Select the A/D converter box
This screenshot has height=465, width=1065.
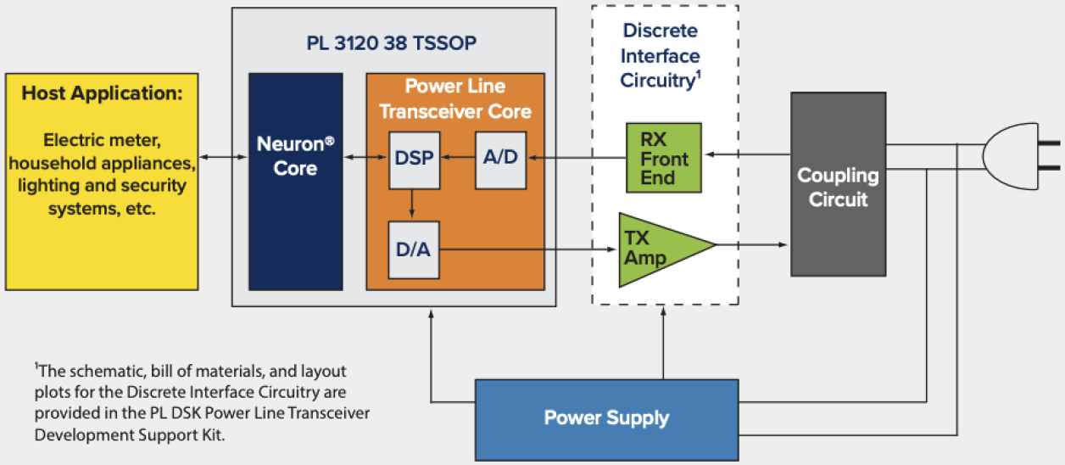(x=500, y=160)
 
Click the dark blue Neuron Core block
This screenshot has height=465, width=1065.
(x=295, y=182)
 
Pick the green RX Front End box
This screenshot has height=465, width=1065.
(x=664, y=157)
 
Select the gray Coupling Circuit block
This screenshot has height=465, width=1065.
(x=838, y=184)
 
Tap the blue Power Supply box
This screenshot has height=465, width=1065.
(x=606, y=418)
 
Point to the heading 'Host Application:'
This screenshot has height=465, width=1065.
(x=102, y=93)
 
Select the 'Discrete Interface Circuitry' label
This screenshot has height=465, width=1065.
(x=660, y=56)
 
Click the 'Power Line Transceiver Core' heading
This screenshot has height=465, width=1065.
(x=454, y=98)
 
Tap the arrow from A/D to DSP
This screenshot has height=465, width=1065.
(x=458, y=157)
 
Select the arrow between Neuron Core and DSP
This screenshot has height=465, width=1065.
(x=365, y=157)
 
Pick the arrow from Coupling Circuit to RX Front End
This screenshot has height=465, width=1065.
(x=746, y=154)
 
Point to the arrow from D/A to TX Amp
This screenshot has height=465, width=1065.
(x=526, y=249)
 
